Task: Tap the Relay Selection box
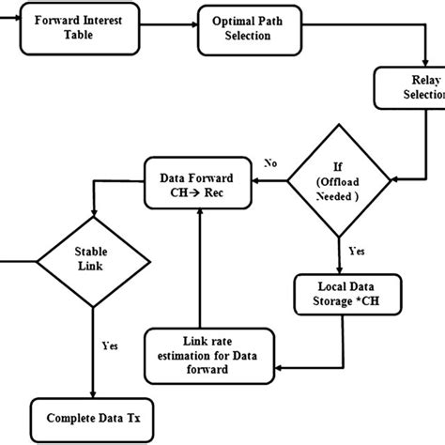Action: point(411,93)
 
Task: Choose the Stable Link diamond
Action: point(91,259)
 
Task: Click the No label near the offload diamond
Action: point(271,162)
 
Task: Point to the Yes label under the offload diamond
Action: point(358,252)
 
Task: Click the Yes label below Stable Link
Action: point(110,345)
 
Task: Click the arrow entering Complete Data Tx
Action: point(92,376)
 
